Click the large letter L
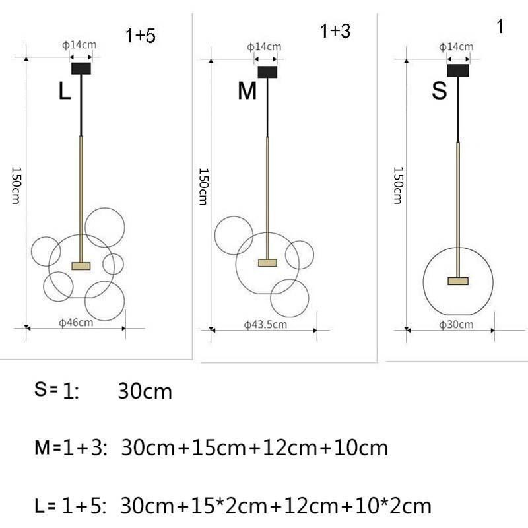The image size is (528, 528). click(x=65, y=91)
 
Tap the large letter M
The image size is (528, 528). click(x=247, y=91)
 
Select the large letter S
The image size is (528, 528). click(x=440, y=90)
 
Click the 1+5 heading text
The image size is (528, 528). click(x=141, y=36)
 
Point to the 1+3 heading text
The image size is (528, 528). click(x=335, y=31)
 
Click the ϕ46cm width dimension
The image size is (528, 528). click(x=76, y=323)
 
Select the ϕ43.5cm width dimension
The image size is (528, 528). click(x=265, y=325)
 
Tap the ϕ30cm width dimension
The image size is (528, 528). click(x=456, y=325)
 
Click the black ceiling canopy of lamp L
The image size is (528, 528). click(x=81, y=69)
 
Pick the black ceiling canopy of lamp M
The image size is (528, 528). click(x=268, y=72)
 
